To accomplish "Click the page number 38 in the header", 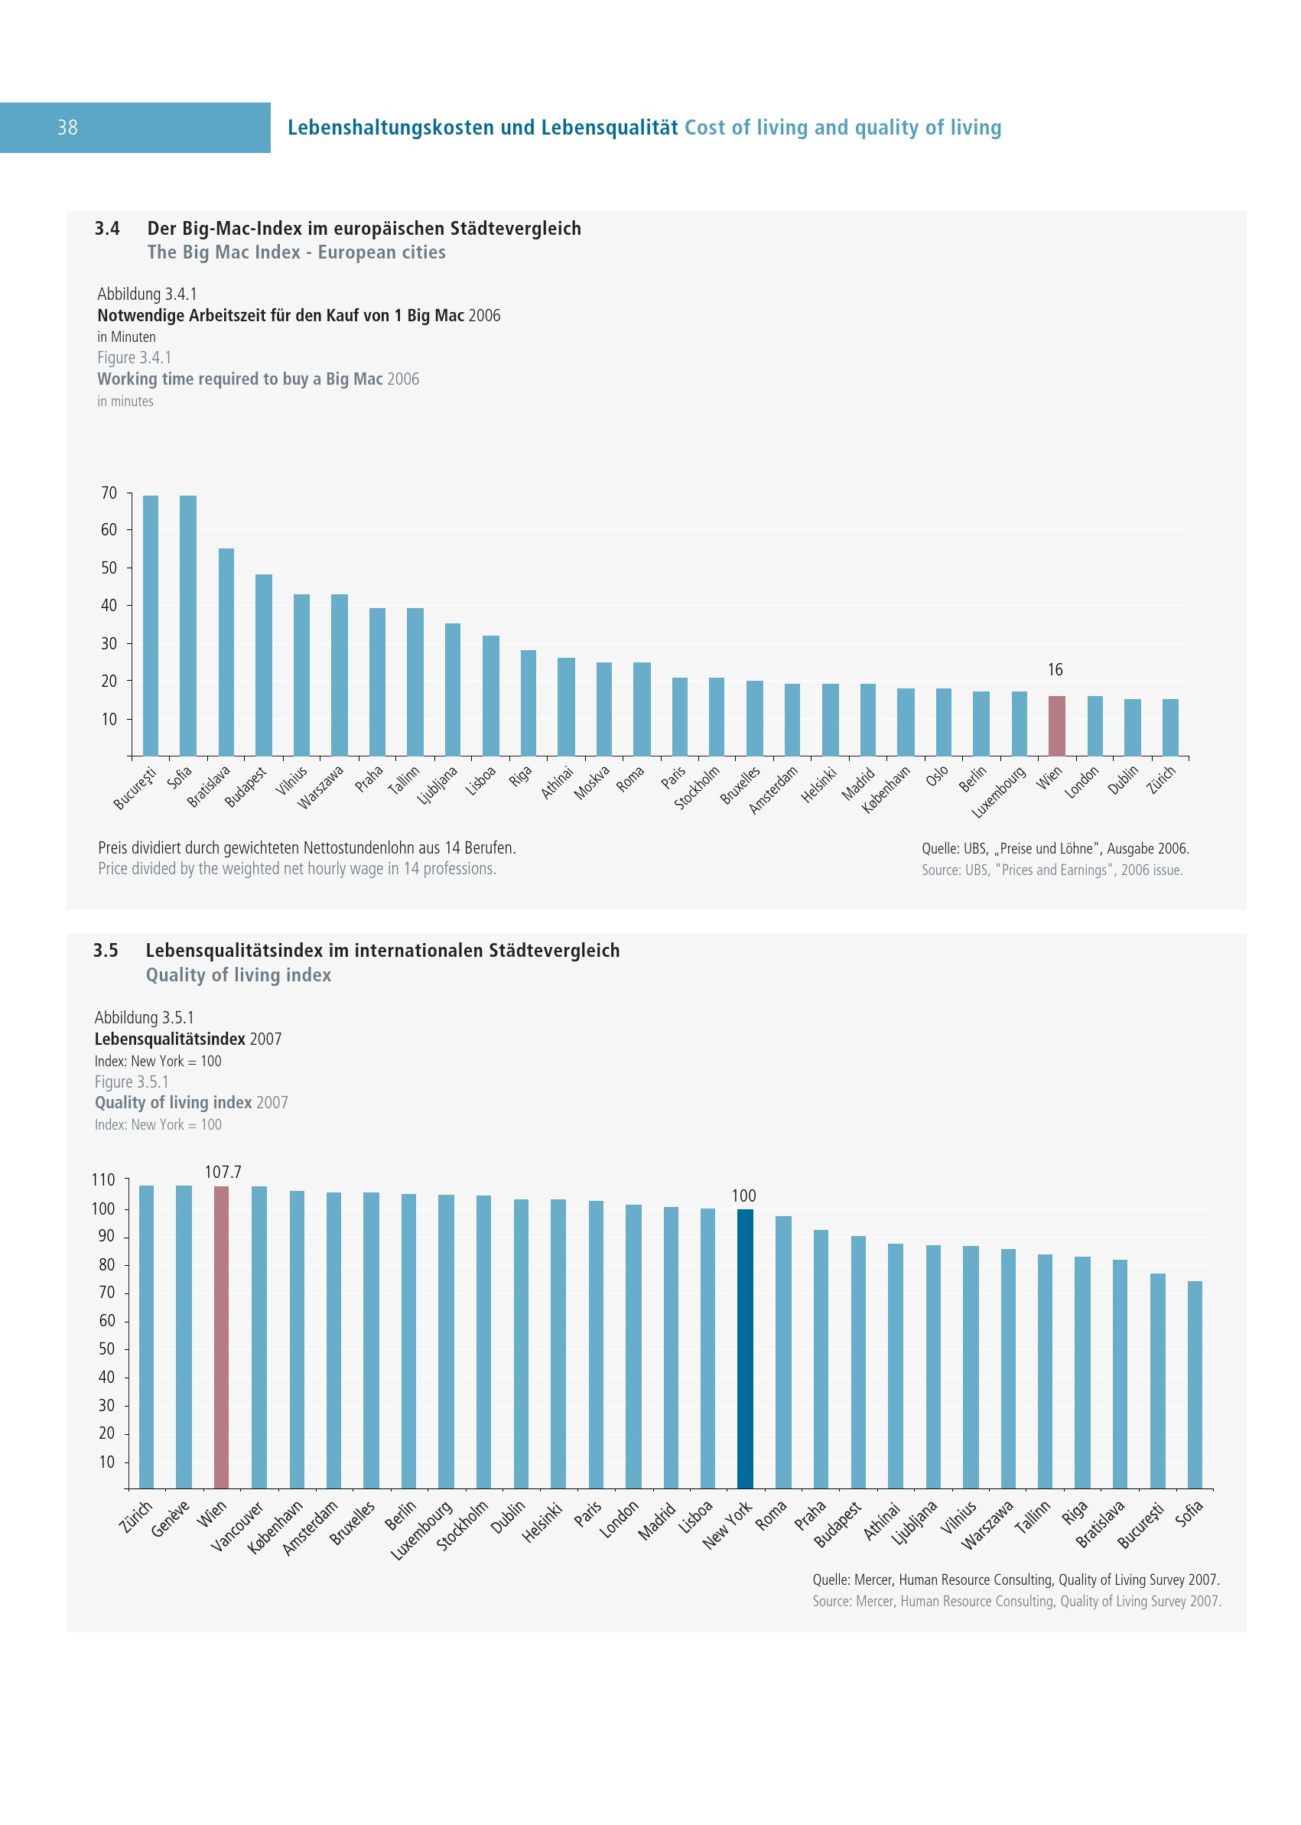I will pyautogui.click(x=67, y=128).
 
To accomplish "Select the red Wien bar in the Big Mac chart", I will pyautogui.click(x=1057, y=726).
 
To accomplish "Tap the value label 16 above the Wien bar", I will pyautogui.click(x=1055, y=670).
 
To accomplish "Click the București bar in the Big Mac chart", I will pyautogui.click(x=151, y=625).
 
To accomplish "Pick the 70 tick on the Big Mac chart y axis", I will pyautogui.click(x=109, y=493).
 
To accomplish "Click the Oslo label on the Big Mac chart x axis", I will pyautogui.click(x=936, y=776).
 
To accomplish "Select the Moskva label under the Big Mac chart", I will pyautogui.click(x=592, y=782).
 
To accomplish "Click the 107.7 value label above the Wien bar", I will pyautogui.click(x=223, y=1172).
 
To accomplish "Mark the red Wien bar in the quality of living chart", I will pyautogui.click(x=221, y=1337).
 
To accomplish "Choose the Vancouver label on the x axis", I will pyautogui.click(x=237, y=1526).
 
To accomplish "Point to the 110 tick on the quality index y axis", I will pyautogui.click(x=103, y=1180).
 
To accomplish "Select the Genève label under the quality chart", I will pyautogui.click(x=170, y=1518).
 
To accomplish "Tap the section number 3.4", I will pyautogui.click(x=107, y=229).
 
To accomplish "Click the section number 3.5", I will pyautogui.click(x=106, y=951).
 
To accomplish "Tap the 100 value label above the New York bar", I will pyautogui.click(x=743, y=1196).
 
